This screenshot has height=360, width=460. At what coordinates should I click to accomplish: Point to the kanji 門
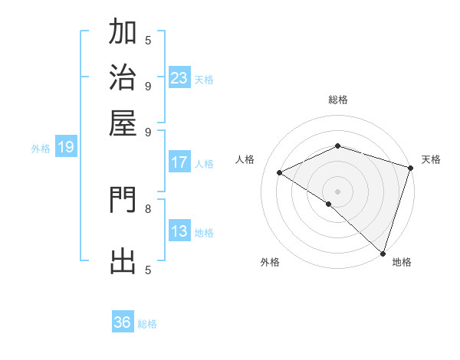point(123,201)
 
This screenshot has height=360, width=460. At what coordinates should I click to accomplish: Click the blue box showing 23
point(179,77)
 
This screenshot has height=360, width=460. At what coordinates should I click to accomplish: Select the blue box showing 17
point(179,162)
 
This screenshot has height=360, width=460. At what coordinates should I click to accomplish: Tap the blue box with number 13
point(179,232)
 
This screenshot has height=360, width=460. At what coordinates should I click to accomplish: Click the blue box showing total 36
point(123,322)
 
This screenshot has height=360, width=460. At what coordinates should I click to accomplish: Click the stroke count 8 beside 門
point(148,208)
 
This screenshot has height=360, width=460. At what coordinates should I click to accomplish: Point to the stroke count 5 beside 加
point(148,40)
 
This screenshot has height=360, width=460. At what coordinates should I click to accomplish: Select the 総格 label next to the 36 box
point(147,324)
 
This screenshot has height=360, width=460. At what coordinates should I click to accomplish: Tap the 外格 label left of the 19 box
point(41,149)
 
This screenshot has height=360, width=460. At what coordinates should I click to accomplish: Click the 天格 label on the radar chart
point(431,159)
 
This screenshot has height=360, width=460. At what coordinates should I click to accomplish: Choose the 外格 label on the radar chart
point(270,263)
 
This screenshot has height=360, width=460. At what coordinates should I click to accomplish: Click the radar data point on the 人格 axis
point(280,173)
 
